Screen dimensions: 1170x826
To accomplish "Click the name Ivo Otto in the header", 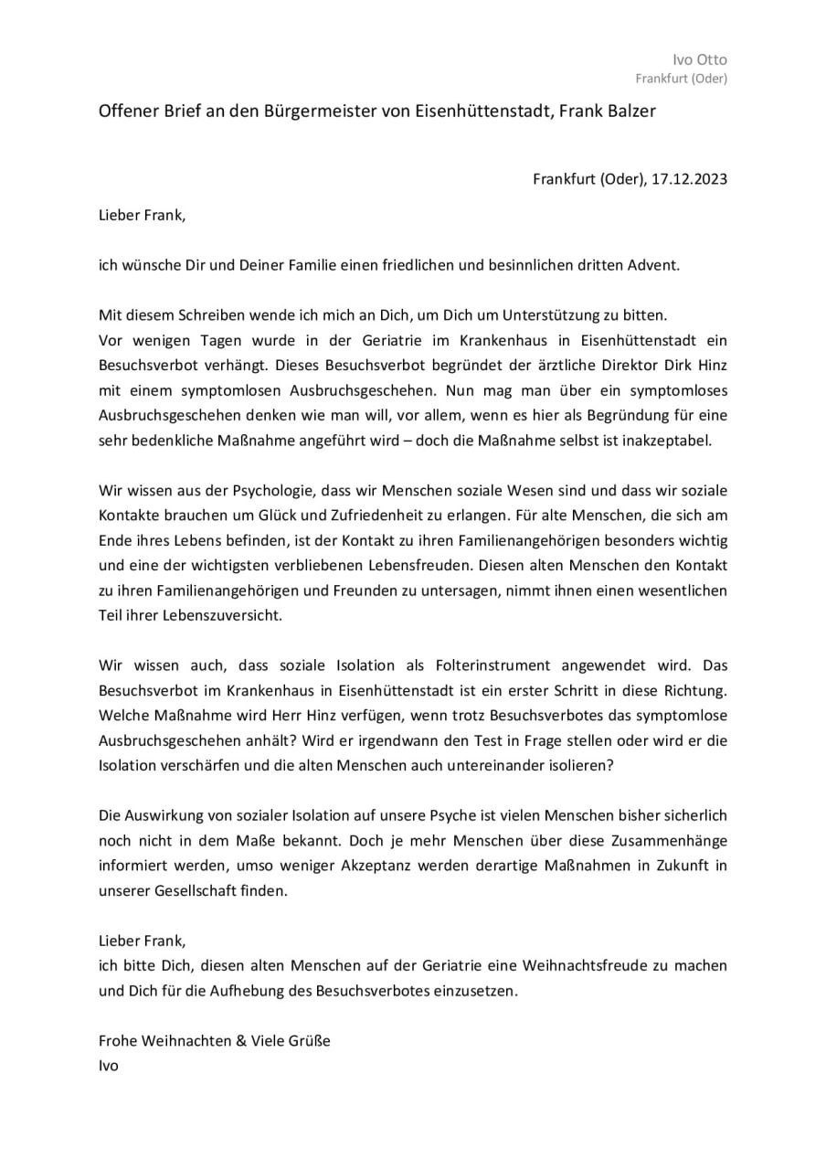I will click(700, 60).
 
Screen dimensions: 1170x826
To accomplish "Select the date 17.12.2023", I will click(689, 179).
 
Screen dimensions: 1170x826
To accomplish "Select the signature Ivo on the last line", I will click(109, 1065).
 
